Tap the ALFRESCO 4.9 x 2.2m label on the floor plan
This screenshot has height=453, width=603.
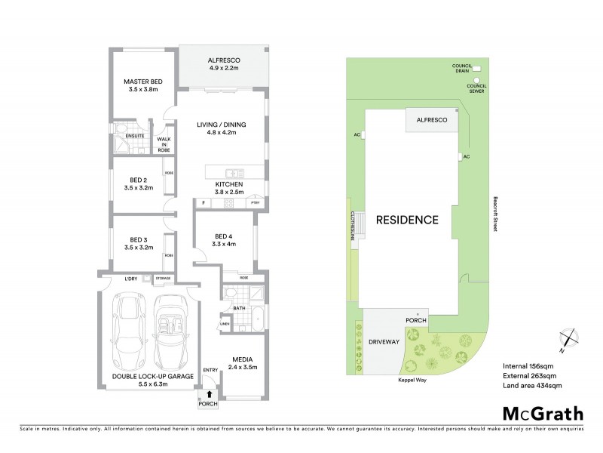223,63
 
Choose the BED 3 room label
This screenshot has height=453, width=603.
137,242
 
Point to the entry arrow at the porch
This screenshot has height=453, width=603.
208,393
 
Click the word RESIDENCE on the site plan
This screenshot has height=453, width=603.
408,220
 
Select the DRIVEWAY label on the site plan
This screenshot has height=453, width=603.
384,342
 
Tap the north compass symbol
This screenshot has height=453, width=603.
568,342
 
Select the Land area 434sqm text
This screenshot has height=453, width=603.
532,386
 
